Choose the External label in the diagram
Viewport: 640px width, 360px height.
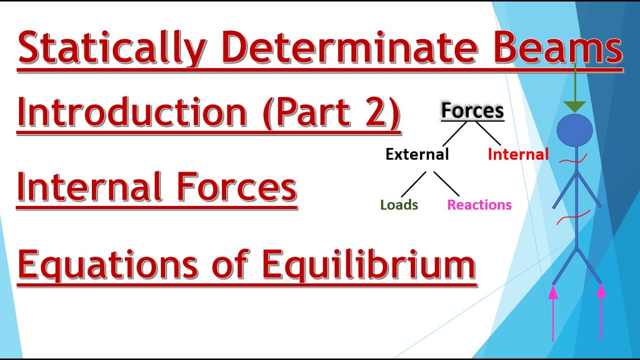[x=417, y=154]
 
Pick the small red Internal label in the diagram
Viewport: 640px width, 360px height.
[x=518, y=154]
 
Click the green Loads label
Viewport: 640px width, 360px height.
[x=399, y=205]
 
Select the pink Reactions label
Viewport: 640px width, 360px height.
[x=479, y=205]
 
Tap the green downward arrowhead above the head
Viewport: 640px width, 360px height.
[x=575, y=106]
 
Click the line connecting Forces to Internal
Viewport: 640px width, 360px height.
[x=488, y=133]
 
